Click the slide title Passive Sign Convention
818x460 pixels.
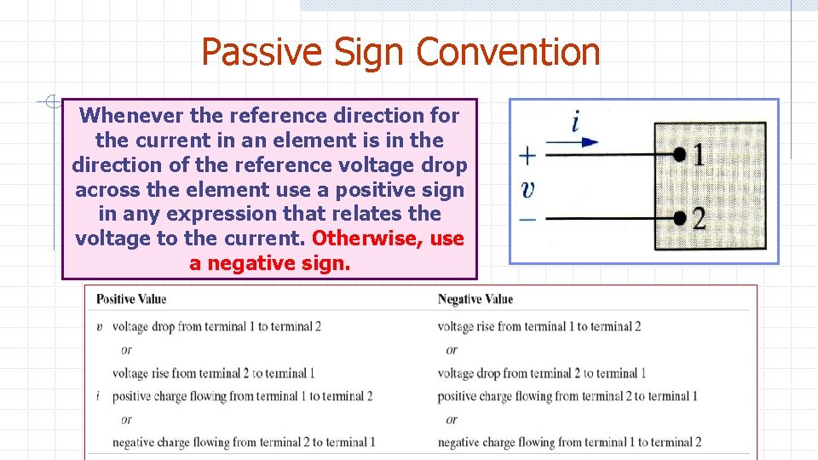[x=400, y=52]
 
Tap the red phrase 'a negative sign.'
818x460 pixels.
[x=269, y=263]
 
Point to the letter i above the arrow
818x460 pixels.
[x=576, y=121]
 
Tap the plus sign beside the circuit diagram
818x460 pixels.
[x=528, y=156]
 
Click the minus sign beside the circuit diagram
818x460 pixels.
[x=528, y=219]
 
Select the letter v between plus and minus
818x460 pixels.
[x=528, y=188]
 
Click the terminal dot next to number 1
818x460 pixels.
[x=679, y=154]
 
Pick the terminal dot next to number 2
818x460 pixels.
[x=679, y=218]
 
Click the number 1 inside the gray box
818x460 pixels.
[x=699, y=154]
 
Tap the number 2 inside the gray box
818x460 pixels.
[x=699, y=218]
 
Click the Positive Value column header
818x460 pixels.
[x=131, y=299]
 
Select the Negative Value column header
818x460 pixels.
[x=475, y=299]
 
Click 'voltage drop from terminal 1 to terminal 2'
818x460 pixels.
[x=216, y=326]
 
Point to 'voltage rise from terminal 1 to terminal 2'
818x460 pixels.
[x=539, y=326]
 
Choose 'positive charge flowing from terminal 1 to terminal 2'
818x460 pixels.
[x=243, y=396]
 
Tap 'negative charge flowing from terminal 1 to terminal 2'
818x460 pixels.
[x=569, y=442]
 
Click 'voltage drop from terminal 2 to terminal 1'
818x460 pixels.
[x=542, y=373]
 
